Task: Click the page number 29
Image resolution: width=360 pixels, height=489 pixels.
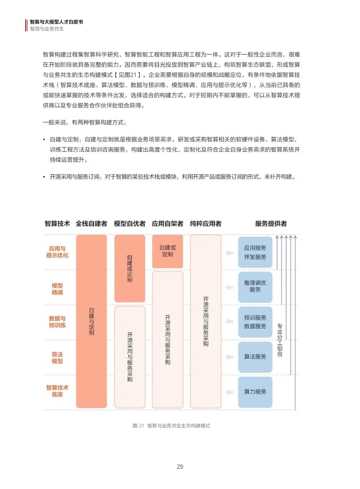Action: [180, 467]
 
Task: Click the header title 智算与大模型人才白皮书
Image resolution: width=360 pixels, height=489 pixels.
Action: [56, 22]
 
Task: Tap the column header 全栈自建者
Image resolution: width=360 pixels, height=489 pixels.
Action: [91, 224]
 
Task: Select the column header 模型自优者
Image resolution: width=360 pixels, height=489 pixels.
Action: [130, 224]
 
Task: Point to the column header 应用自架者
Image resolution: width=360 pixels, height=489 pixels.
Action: [167, 224]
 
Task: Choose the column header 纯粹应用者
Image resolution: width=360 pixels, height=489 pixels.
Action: [206, 224]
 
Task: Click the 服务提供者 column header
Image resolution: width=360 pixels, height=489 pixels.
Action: [271, 224]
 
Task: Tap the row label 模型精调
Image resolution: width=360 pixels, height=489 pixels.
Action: [57, 289]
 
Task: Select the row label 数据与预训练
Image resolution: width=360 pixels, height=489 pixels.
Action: [57, 322]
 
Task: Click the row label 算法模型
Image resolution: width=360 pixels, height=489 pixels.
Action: [57, 358]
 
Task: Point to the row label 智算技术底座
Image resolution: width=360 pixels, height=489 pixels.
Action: [57, 391]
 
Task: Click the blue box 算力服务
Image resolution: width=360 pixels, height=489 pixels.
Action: [255, 392]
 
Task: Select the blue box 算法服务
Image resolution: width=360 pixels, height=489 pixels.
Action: [255, 357]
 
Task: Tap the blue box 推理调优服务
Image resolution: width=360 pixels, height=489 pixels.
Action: [255, 287]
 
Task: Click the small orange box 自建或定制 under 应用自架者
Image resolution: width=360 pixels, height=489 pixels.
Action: [167, 251]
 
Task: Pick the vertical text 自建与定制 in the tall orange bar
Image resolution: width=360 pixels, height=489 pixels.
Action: [91, 321]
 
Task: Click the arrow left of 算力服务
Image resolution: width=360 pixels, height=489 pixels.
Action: [229, 392]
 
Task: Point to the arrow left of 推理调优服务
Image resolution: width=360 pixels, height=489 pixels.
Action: [229, 287]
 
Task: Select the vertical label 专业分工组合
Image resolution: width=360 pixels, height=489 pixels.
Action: [280, 340]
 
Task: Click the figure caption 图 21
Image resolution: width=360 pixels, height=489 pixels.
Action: [138, 426]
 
